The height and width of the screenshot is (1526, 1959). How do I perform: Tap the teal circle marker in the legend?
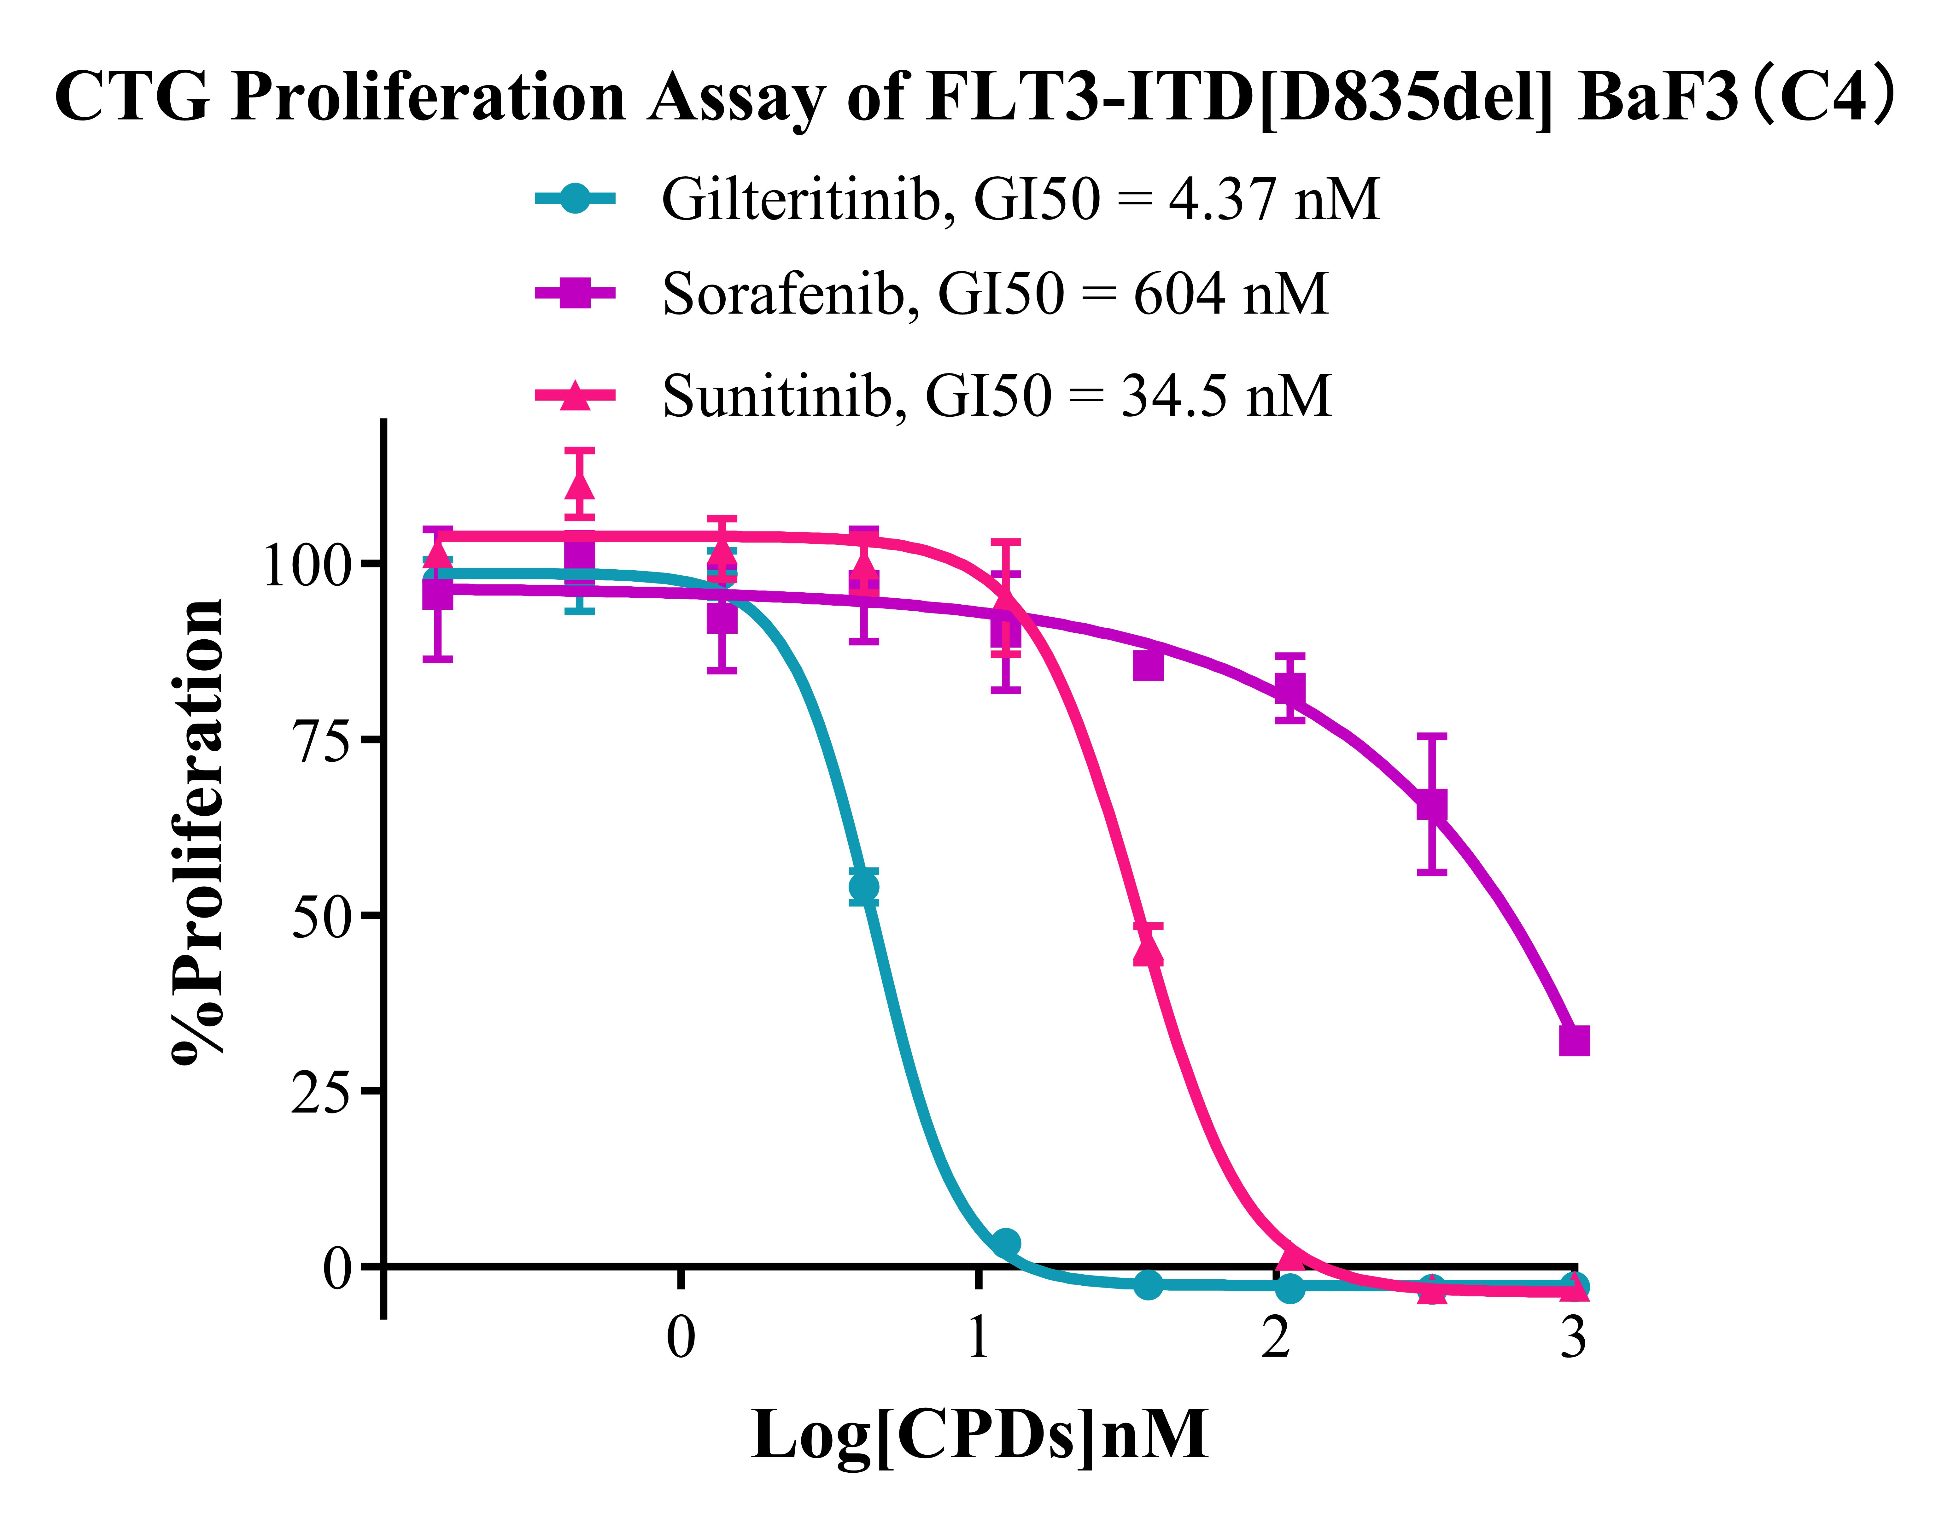(x=575, y=198)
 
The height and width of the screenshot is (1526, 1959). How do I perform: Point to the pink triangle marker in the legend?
(x=575, y=395)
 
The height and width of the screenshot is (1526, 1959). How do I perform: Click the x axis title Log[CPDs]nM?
(x=980, y=1435)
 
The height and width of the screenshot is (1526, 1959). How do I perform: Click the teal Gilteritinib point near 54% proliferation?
(x=863, y=887)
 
